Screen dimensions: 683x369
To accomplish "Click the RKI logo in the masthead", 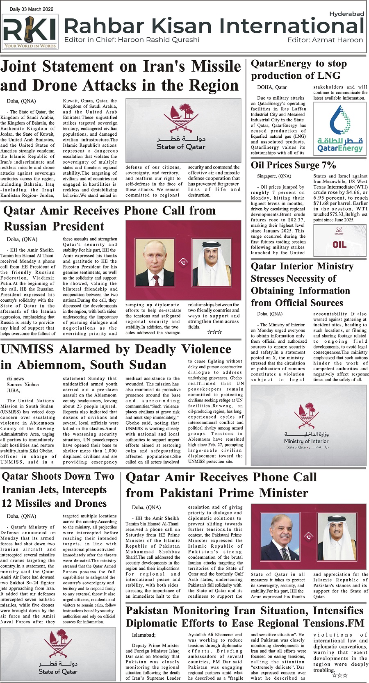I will click(x=30, y=32).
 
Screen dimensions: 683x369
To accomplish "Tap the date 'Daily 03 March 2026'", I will click(x=31, y=9).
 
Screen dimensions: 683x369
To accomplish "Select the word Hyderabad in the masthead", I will click(x=346, y=14).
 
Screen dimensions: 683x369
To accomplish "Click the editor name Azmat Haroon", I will click(x=338, y=40).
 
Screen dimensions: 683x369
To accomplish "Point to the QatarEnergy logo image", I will click(x=340, y=129).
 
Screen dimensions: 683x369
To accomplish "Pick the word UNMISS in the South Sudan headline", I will click(x=27, y=349).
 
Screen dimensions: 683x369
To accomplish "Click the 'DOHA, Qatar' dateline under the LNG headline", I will click(x=272, y=87).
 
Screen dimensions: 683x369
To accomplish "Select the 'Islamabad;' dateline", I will click(x=143, y=635).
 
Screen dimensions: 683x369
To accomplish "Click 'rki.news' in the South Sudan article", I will click(x=15, y=378).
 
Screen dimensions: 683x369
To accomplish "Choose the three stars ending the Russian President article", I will click(x=214, y=332).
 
